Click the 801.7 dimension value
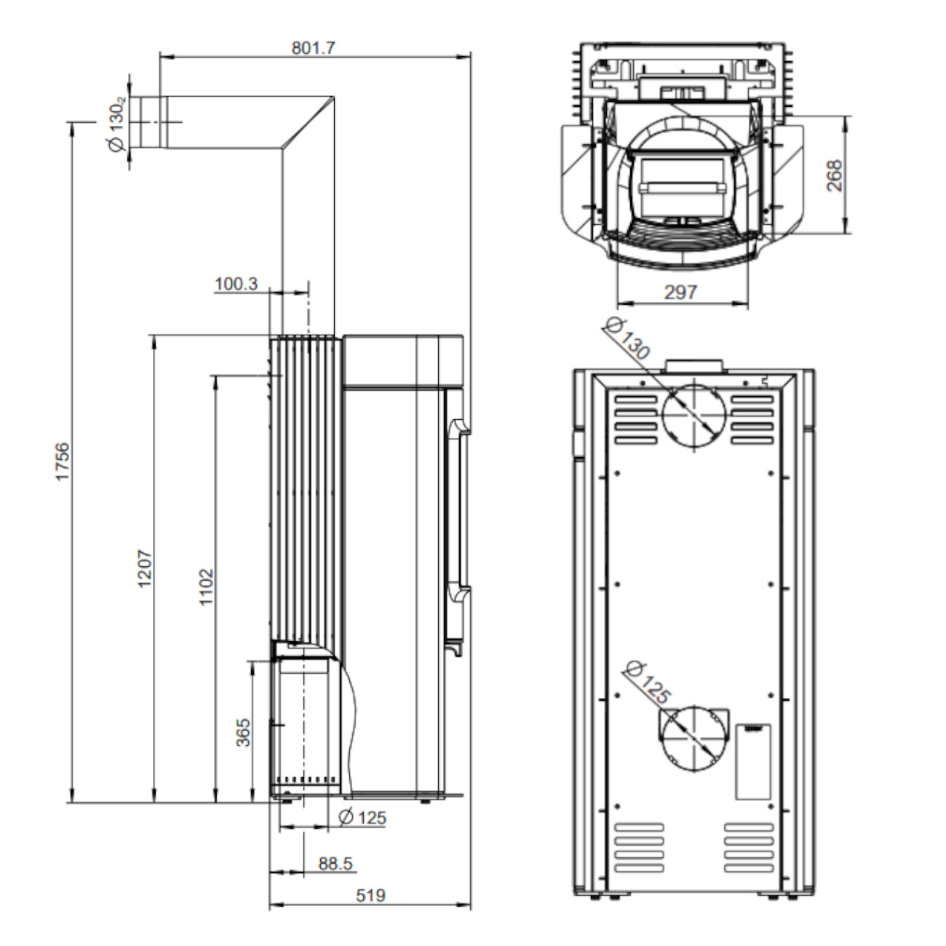(x=313, y=48)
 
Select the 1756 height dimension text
(x=63, y=461)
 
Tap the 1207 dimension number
(x=146, y=568)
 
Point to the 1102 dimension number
(x=207, y=587)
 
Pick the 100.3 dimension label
(x=236, y=284)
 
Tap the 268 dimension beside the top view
(x=835, y=175)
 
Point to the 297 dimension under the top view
(x=680, y=293)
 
